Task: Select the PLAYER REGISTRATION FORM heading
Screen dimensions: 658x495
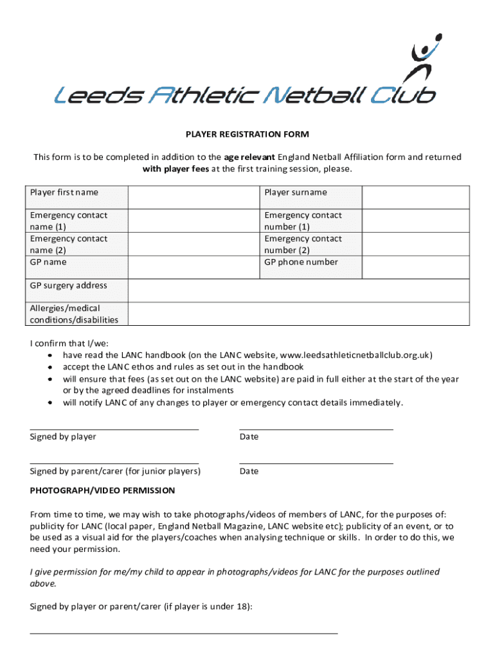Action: point(248,134)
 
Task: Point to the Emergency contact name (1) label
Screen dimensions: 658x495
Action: point(69,221)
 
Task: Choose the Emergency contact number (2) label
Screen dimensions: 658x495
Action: point(303,244)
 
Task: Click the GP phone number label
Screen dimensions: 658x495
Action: point(301,262)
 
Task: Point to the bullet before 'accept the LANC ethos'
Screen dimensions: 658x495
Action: point(50,367)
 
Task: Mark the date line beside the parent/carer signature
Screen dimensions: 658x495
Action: point(316,463)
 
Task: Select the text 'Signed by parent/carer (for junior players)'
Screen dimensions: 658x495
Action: point(115,472)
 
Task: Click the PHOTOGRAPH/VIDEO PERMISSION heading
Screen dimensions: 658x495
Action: point(102,490)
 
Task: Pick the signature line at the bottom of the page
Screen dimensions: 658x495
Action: point(184,633)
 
